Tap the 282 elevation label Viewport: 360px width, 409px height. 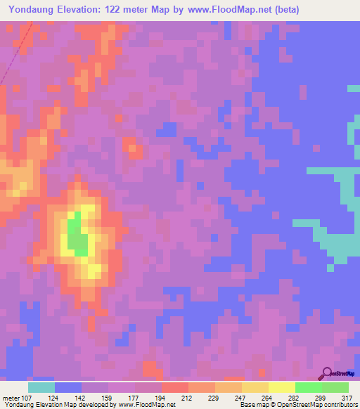point(295,398)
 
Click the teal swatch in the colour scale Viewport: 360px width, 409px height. point(41,387)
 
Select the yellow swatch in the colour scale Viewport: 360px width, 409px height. point(282,387)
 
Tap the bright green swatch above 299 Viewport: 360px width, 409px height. point(309,387)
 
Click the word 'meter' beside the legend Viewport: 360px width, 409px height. point(11,398)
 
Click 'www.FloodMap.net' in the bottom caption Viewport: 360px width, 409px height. point(146,405)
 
